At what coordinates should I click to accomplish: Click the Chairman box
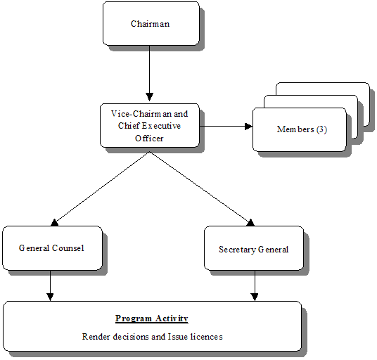pyautogui.click(x=149, y=24)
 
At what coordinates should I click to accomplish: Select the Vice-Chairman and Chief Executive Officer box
pyautogui.click(x=149, y=125)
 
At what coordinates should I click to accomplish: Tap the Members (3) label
pyautogui.click(x=302, y=129)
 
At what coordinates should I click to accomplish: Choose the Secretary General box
pyautogui.click(x=253, y=249)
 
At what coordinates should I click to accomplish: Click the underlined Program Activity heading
pyautogui.click(x=151, y=319)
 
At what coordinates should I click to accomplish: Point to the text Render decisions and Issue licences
pyautogui.click(x=152, y=336)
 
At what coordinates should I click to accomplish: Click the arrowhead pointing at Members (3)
pyautogui.click(x=248, y=127)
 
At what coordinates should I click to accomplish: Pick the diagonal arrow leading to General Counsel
pyautogui.click(x=98, y=188)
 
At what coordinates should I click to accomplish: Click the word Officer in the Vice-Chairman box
pyautogui.click(x=149, y=138)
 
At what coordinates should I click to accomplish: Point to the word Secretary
pyautogui.click(x=236, y=249)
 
